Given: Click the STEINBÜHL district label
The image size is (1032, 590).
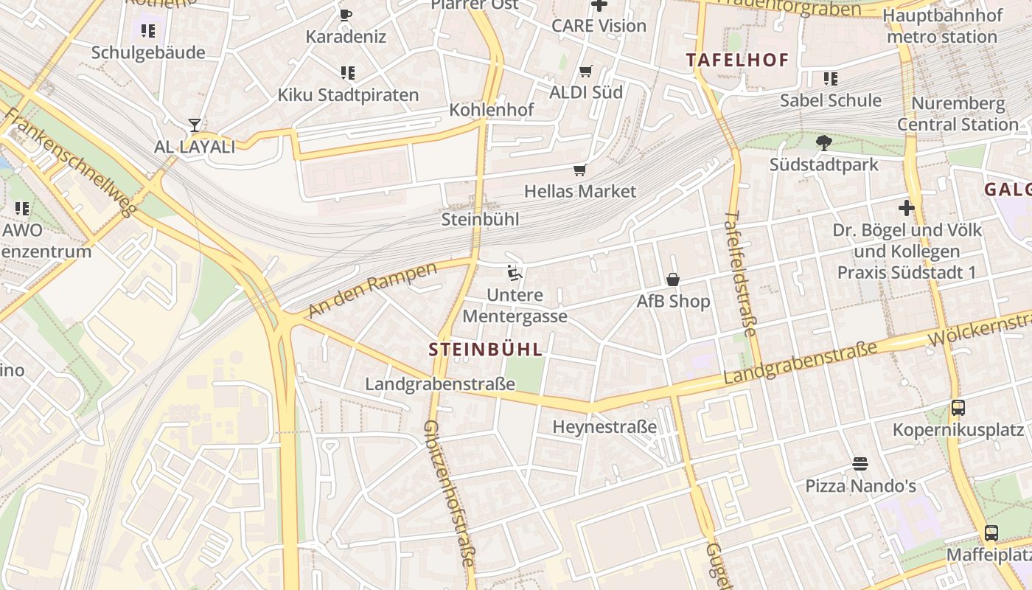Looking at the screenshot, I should click(485, 350).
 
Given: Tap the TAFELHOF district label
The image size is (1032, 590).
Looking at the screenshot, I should click(737, 60).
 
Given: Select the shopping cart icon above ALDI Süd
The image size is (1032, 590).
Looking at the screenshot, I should click(586, 72).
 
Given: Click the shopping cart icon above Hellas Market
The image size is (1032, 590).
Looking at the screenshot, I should click(580, 170).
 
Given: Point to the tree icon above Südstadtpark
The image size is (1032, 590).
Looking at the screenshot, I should click(823, 143).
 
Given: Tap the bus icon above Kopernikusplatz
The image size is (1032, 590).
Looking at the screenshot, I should click(958, 408).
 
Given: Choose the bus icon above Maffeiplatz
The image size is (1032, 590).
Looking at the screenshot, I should click(991, 532).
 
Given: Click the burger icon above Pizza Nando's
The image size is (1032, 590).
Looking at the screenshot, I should click(860, 464).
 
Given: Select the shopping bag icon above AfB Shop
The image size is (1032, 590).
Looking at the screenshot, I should click(673, 280).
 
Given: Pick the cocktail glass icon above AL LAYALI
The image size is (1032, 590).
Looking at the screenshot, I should click(195, 125).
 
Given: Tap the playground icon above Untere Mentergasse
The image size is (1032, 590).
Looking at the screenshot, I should click(515, 274).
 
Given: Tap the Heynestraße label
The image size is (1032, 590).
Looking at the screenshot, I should click(604, 427).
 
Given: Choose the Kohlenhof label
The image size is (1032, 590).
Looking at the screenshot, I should click(492, 110).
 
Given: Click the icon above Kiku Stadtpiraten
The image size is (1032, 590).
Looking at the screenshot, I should click(348, 73).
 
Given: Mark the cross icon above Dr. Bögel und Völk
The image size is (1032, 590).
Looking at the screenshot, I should click(907, 208).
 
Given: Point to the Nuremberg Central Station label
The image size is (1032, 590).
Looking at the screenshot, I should click(957, 114).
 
